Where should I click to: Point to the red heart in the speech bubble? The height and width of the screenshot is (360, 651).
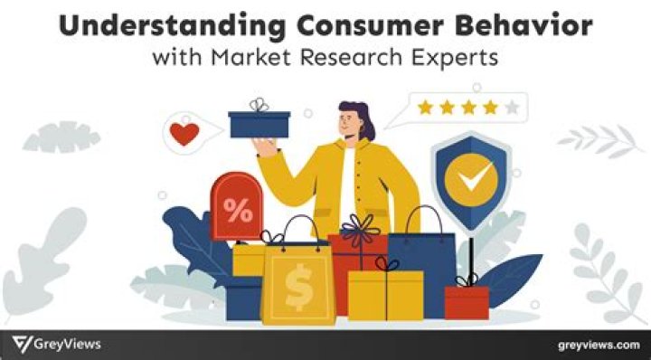click(184, 134)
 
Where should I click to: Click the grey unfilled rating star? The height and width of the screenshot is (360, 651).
click(513, 109)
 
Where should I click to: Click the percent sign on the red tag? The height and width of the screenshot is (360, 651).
click(239, 212)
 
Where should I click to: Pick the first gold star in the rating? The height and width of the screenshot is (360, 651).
click(425, 109)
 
